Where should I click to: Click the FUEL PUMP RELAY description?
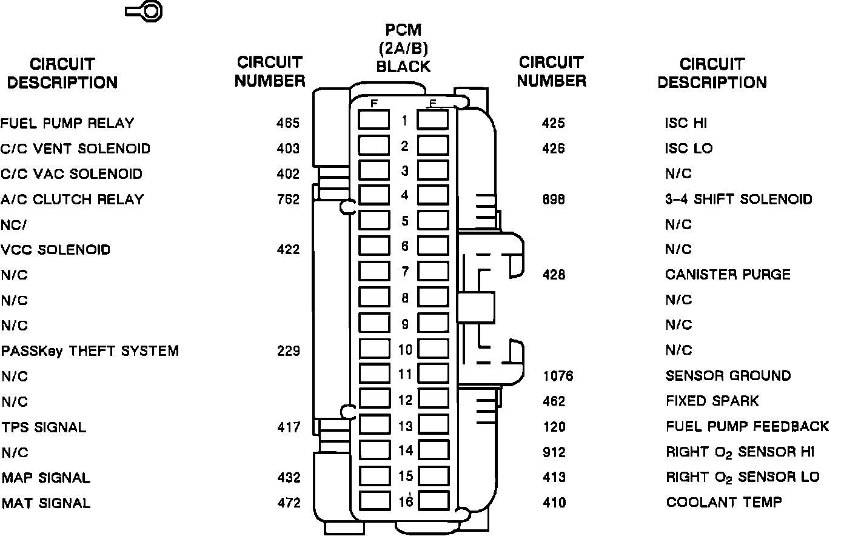pyautogui.click(x=67, y=124)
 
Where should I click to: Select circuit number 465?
pyautogui.click(x=287, y=124)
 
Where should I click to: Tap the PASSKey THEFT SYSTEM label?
pyautogui.click(x=90, y=351)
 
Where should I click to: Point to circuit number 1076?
pyautogui.click(x=558, y=376)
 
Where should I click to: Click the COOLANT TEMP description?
pyautogui.click(x=723, y=503)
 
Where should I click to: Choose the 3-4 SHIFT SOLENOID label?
pyautogui.click(x=738, y=199)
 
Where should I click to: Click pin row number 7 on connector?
pyautogui.click(x=404, y=272)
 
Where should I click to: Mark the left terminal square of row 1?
pyautogui.click(x=373, y=120)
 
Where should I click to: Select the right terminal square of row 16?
pyautogui.click(x=434, y=501)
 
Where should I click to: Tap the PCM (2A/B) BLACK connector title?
pyautogui.click(x=403, y=49)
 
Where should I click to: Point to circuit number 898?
pyautogui.click(x=553, y=199)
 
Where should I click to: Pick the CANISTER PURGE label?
pyautogui.click(x=728, y=275)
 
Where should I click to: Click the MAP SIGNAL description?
pyautogui.click(x=45, y=478)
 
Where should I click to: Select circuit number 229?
pyautogui.click(x=288, y=351)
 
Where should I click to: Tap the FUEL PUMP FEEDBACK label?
pyautogui.click(x=747, y=426)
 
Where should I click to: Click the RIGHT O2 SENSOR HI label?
pyautogui.click(x=740, y=452)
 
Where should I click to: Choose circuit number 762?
pyautogui.click(x=287, y=199)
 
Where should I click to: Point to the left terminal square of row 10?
pyautogui.click(x=373, y=349)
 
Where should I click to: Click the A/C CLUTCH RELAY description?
pyautogui.click(x=72, y=199)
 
